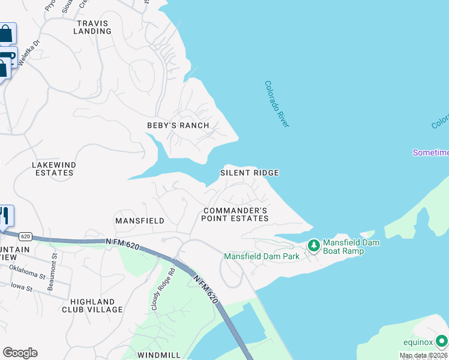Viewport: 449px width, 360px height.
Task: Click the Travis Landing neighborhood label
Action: coord(92,27)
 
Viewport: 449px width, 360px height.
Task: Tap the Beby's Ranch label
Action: coord(178,125)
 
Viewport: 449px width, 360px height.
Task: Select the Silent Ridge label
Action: coord(249,173)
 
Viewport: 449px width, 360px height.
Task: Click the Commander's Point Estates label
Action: coord(235,214)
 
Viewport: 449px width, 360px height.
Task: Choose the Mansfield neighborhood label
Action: coord(140,221)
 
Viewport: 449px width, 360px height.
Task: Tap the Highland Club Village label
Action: coord(92,305)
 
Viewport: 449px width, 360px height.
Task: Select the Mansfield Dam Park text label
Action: coord(262,256)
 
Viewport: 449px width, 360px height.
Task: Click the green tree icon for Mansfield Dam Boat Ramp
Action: coord(313,245)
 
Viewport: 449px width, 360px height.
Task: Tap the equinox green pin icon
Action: coord(442,342)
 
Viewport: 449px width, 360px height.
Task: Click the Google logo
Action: coord(20,353)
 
